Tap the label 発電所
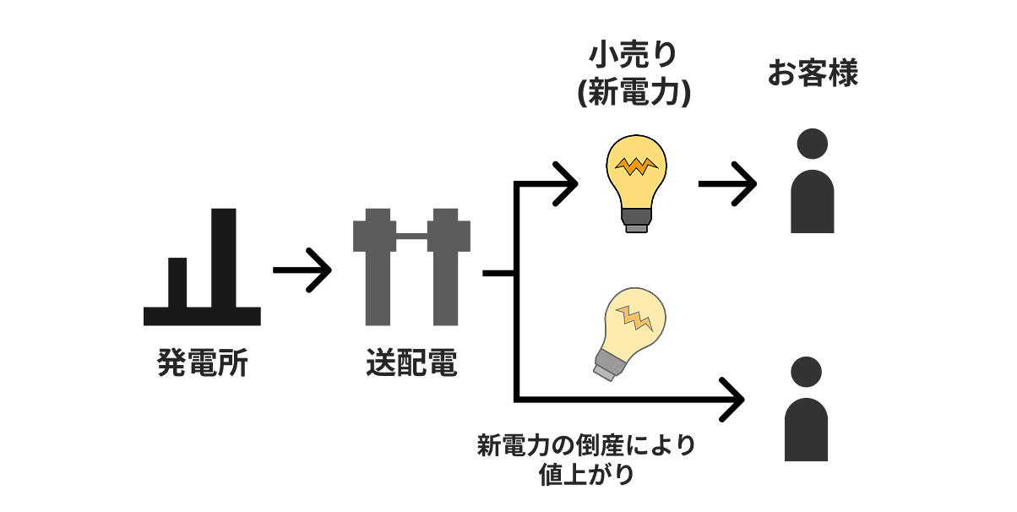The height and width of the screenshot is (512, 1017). tap(203, 363)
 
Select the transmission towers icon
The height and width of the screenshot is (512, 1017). tap(411, 269)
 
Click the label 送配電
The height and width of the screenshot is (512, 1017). tap(411, 363)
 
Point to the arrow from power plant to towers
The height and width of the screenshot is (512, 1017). tap(302, 270)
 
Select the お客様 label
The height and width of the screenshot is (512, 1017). tap(813, 74)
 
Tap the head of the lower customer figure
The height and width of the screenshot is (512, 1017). tap(806, 372)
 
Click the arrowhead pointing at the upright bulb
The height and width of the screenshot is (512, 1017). tap(564, 182)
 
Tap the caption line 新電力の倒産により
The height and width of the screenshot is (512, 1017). tap(586, 445)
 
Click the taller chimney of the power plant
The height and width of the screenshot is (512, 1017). tap(223, 258)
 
